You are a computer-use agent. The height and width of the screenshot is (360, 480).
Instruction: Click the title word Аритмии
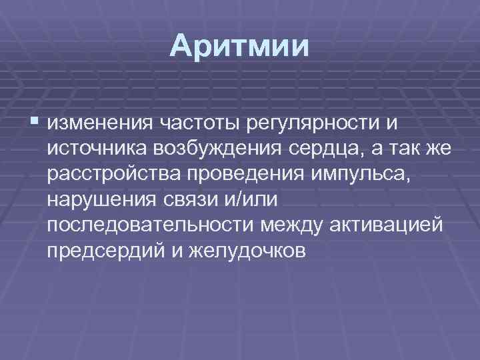[239, 47]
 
